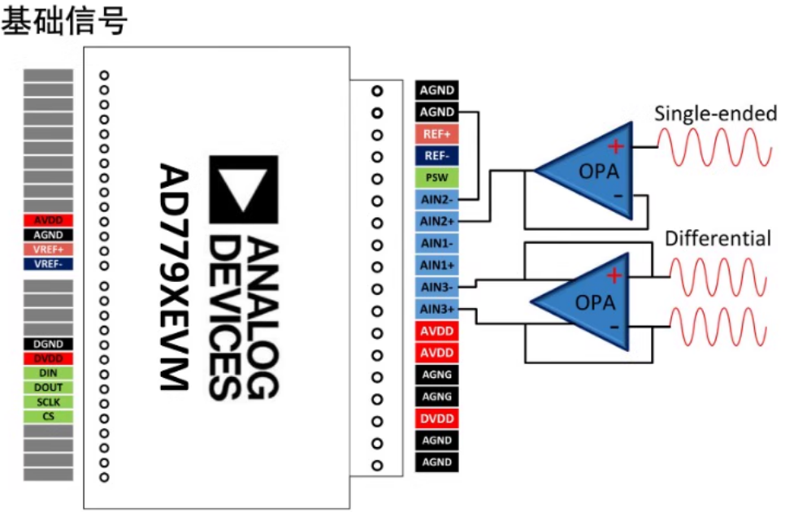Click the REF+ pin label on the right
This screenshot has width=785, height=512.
tap(436, 134)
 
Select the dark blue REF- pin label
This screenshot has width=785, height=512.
tap(436, 156)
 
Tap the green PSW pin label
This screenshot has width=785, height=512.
tap(436, 178)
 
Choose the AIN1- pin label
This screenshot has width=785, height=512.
tap(436, 244)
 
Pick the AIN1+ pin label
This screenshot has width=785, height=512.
tap(436, 265)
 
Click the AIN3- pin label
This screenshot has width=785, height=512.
tap(436, 287)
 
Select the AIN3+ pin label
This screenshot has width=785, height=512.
tap(436, 309)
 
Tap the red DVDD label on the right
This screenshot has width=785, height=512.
tap(436, 419)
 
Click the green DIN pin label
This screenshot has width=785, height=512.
tap(49, 373)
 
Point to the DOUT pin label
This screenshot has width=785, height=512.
tap(49, 388)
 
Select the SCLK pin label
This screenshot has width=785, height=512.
tap(49, 402)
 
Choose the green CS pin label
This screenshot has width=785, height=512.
tap(49, 416)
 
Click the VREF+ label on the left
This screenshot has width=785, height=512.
tap(49, 249)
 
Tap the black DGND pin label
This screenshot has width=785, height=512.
tap(49, 344)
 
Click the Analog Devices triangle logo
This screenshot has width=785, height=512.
tap(243, 190)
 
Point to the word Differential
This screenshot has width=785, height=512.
tap(718, 239)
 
